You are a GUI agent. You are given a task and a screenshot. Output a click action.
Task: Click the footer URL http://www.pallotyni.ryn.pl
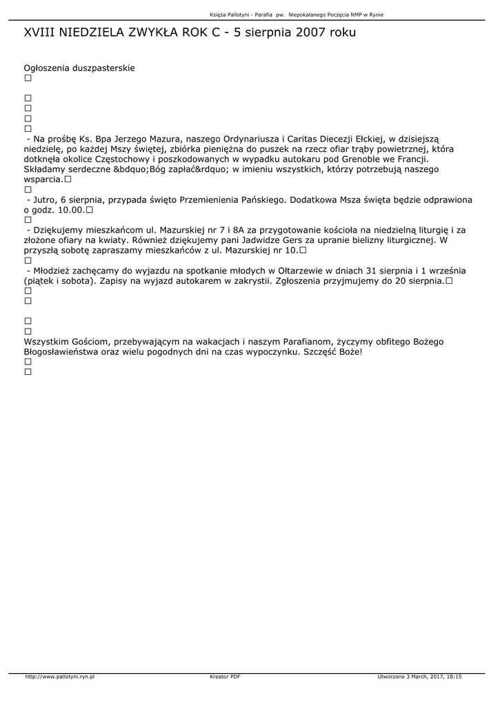[59, 677]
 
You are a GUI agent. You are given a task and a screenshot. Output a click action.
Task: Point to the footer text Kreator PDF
[225, 677]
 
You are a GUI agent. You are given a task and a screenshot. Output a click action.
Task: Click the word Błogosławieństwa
[66, 352]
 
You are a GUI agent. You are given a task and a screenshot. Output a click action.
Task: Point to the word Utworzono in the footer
[390, 677]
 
